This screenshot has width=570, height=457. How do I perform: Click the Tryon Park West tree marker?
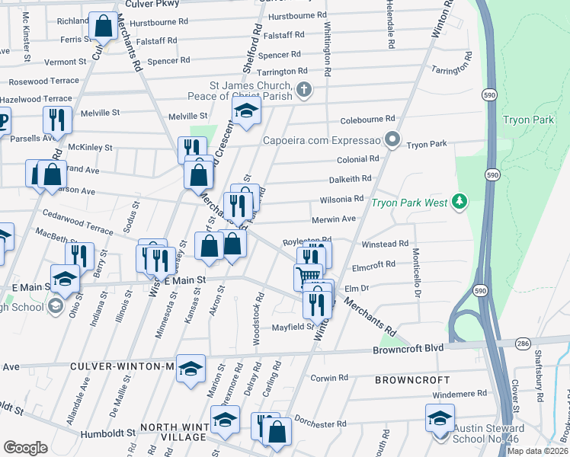[459, 202]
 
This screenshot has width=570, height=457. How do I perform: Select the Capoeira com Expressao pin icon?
[392, 140]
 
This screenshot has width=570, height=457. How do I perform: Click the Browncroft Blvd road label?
[408, 350]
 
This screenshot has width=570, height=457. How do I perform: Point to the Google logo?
[25, 447]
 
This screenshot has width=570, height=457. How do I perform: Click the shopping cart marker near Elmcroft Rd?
[308, 276]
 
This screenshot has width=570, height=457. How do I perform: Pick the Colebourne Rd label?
[367, 119]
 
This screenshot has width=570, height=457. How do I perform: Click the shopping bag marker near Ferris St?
[103, 27]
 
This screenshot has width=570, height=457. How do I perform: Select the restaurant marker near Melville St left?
[57, 120]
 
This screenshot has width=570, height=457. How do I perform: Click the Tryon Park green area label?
[521, 120]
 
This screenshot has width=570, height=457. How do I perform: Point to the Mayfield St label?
[294, 327]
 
